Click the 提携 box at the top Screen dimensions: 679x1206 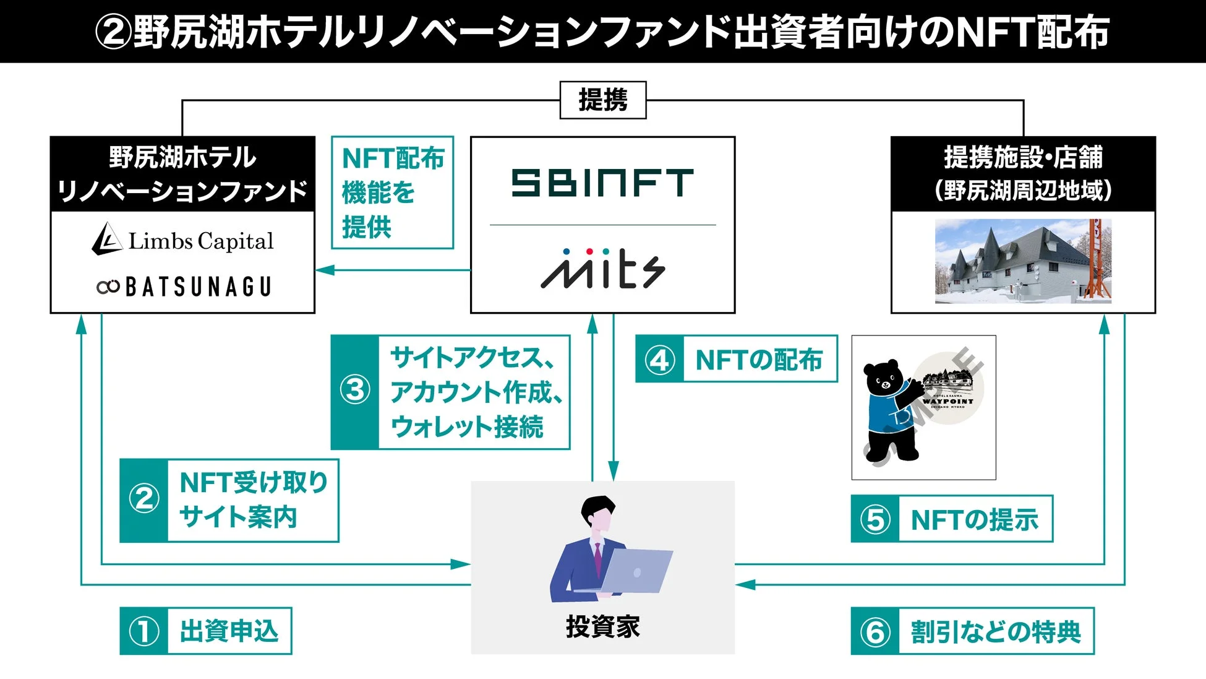pos(602,100)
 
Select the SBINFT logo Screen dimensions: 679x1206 pos(602,183)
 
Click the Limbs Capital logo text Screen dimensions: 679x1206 pos(200,241)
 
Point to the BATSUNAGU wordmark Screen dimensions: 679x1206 pos(198,287)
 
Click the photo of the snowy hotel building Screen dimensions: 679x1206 pos(1023,261)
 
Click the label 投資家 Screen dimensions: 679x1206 pos(602,627)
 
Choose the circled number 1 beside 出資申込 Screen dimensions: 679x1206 pos(144,631)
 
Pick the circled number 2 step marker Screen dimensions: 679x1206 pos(144,499)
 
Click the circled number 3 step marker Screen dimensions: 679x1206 pos(355,391)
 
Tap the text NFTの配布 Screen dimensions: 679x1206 pos(759,360)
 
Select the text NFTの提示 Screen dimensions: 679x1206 pos(974,520)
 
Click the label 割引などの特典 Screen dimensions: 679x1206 pos(995,632)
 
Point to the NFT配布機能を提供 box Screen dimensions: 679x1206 pos(392,192)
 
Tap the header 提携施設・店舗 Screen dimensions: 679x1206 pos(1023,157)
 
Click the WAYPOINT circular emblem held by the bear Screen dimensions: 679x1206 pos(948,389)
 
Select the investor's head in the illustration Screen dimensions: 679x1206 pos(597,514)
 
